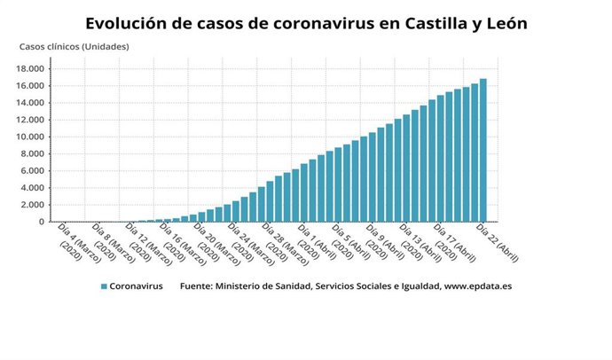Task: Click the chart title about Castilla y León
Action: (x=306, y=23)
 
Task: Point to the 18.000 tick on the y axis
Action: (x=34, y=68)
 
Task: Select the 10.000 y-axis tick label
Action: (x=34, y=137)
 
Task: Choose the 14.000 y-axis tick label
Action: (x=34, y=103)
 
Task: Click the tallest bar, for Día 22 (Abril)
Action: (x=483, y=151)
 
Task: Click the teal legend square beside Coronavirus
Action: (x=104, y=286)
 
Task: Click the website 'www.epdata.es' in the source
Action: (x=478, y=286)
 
